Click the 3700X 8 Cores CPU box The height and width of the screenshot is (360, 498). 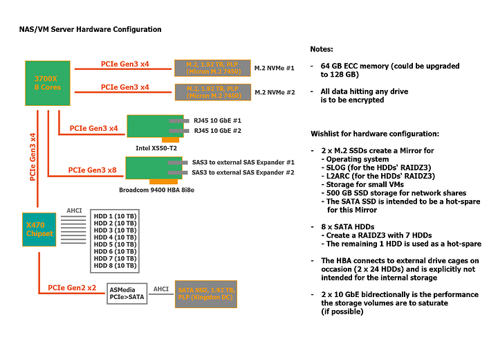(46, 82)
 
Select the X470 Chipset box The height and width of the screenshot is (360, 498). (39, 230)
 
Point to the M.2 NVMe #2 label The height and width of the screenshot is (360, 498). (275, 92)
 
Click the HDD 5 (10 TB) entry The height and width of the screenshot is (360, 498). (115, 244)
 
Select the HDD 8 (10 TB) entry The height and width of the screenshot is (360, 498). (115, 265)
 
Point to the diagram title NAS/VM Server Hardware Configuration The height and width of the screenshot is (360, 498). (90, 30)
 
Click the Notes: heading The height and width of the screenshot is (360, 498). (322, 50)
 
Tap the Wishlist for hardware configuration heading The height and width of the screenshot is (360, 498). (376, 133)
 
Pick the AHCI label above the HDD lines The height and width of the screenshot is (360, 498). (74, 210)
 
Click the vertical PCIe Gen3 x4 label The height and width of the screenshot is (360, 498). (33, 156)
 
